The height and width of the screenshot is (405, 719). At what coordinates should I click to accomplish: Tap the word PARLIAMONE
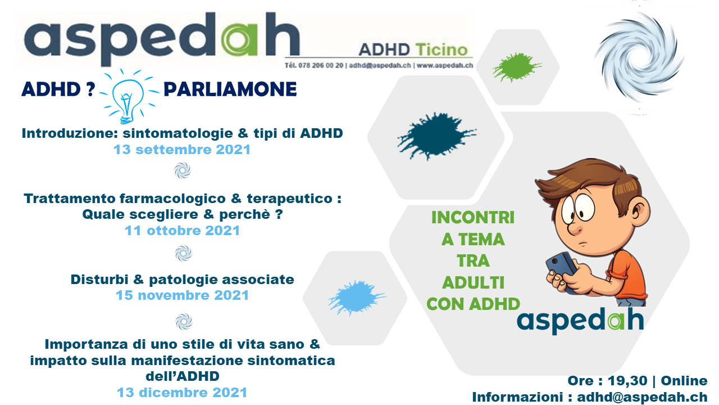click(230, 89)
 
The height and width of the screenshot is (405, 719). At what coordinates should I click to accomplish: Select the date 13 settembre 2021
click(182, 150)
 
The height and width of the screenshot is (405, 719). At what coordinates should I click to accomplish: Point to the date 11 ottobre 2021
click(182, 231)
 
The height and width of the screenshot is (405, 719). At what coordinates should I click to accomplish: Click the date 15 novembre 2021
click(182, 295)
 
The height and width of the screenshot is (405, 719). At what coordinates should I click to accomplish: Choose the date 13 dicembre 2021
click(182, 393)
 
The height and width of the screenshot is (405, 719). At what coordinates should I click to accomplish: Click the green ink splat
click(516, 67)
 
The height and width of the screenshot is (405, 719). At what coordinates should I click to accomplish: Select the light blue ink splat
click(356, 298)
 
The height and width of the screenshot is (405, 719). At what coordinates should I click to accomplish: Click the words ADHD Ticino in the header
click(413, 50)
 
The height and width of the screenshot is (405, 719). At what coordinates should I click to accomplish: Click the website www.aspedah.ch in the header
click(445, 66)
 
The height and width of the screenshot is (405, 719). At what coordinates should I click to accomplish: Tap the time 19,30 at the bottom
click(627, 381)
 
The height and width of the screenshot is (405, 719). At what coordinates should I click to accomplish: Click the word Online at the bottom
click(684, 381)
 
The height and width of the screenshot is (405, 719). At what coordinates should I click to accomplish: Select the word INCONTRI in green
click(473, 218)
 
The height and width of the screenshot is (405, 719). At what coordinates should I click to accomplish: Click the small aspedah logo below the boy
click(580, 321)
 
